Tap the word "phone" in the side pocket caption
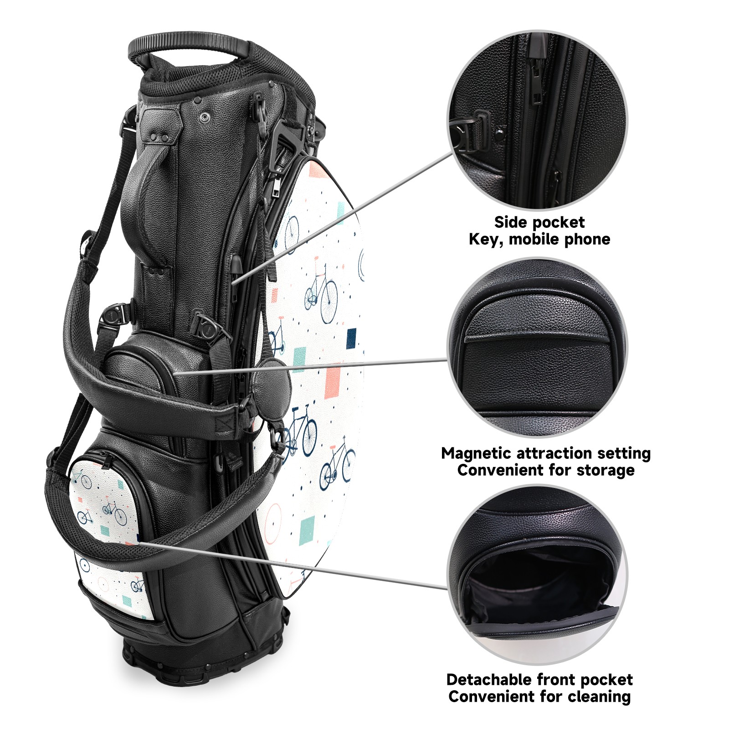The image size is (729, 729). (587, 239)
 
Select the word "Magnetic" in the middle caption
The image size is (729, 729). (477, 454)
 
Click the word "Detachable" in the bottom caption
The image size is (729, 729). (490, 680)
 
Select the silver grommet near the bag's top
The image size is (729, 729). (204, 117)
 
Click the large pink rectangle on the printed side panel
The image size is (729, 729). (333, 383)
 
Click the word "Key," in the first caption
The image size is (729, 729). (486, 240)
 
